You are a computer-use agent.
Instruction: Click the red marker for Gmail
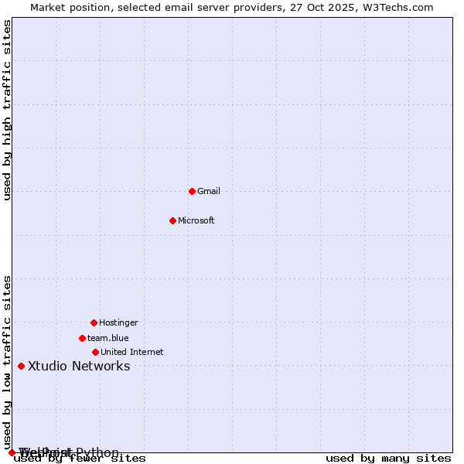pos(192,191)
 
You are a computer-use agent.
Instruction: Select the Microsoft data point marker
pos(172,220)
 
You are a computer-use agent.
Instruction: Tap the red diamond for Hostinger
pos(94,322)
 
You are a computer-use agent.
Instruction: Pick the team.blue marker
pos(82,338)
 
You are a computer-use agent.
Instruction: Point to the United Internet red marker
pos(95,352)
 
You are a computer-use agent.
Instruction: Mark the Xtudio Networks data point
pos(21,366)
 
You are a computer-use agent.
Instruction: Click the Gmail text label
pos(209,191)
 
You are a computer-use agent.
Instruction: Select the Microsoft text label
pos(196,220)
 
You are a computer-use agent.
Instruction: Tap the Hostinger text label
pos(118,322)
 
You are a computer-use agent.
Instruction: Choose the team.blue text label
pos(108,338)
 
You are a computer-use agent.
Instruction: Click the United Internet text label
pos(132,352)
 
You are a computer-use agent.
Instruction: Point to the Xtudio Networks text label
pos(79,366)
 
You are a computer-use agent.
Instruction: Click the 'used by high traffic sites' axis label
pos(8,110)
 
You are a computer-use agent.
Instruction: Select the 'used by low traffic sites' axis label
pos(8,362)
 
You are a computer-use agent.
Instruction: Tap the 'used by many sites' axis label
pos(388,459)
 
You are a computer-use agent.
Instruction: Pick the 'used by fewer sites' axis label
pos(80,459)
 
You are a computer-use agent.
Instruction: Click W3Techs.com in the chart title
pos(401,7)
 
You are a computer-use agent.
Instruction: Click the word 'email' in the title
pos(171,7)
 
